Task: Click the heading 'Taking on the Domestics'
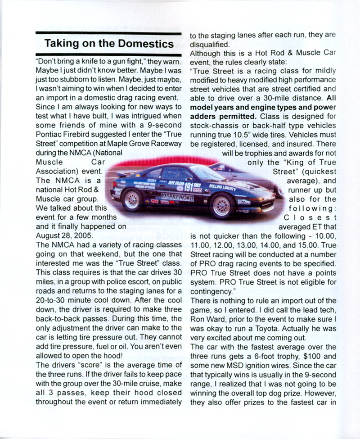pyautogui.click(x=109, y=44)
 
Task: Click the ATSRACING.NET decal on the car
pyautogui.click(x=177, y=197)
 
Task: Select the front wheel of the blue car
pyautogui.click(x=222, y=205)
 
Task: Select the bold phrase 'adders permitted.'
pyautogui.click(x=221, y=116)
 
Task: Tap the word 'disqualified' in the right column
pyautogui.click(x=209, y=44)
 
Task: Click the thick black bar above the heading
pyautogui.click(x=109, y=33)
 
